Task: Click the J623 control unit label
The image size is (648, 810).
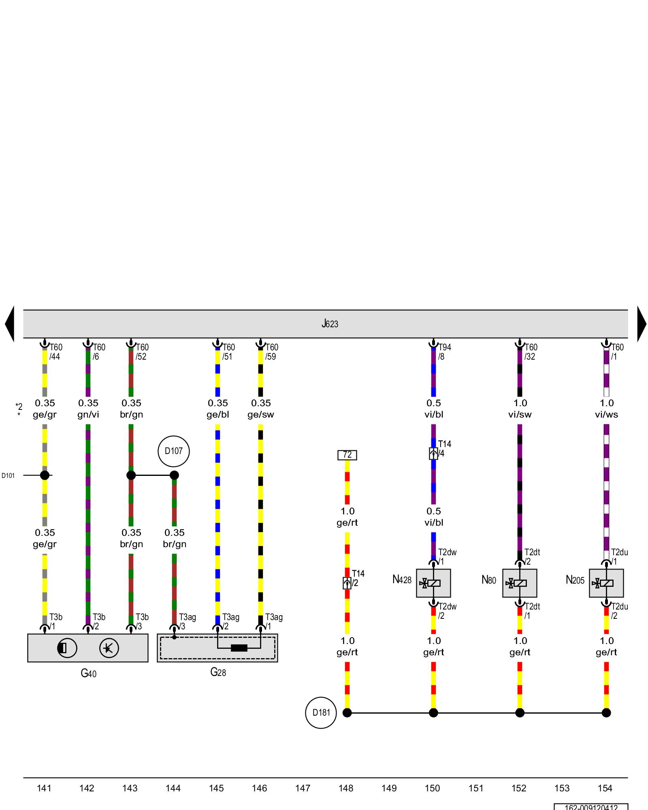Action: click(330, 324)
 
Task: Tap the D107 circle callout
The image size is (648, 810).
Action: click(174, 451)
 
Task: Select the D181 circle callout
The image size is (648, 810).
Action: click(321, 712)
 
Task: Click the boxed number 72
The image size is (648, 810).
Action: click(347, 455)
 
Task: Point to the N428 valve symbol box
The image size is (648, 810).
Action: click(433, 583)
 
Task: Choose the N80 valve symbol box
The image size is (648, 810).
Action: click(520, 583)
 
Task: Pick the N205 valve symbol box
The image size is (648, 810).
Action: click(606, 583)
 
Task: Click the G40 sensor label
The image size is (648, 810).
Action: click(88, 673)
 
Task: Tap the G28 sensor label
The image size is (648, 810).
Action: click(218, 672)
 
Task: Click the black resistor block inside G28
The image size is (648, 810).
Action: click(239, 648)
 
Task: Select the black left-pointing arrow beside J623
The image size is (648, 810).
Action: click(10, 324)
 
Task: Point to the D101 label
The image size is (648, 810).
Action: click(8, 475)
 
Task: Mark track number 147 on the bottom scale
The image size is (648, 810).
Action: click(303, 788)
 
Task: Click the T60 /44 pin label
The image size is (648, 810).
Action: click(55, 352)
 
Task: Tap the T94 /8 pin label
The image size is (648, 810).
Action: click(444, 352)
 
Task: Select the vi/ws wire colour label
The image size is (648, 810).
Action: click(606, 414)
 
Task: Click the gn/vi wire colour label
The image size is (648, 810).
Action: click(88, 414)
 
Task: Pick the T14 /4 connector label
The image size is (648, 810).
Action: click(444, 449)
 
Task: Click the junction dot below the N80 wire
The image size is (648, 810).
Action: click(520, 713)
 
